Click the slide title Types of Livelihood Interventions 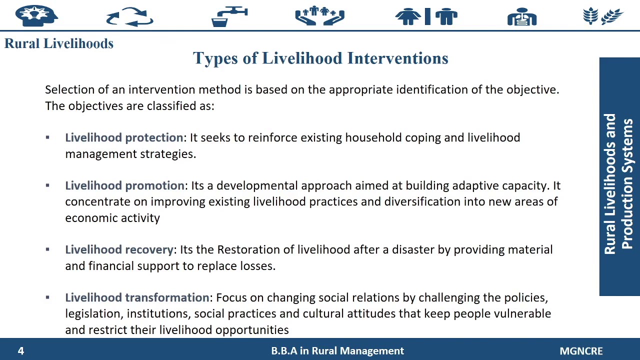click(320, 58)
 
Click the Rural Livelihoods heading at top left click(59, 43)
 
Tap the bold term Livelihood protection click(124, 137)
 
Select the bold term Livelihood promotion click(124, 185)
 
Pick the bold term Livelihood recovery click(119, 249)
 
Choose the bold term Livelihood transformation click(137, 297)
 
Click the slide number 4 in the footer click(21, 351)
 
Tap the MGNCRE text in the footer click(581, 351)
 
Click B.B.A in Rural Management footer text click(337, 351)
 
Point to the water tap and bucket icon click(229, 16)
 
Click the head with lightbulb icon click(36, 15)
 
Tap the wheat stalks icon click(603, 16)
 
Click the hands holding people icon click(319, 16)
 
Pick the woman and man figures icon click(426, 16)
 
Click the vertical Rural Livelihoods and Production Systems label click(619, 183)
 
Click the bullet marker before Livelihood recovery click(47, 249)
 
